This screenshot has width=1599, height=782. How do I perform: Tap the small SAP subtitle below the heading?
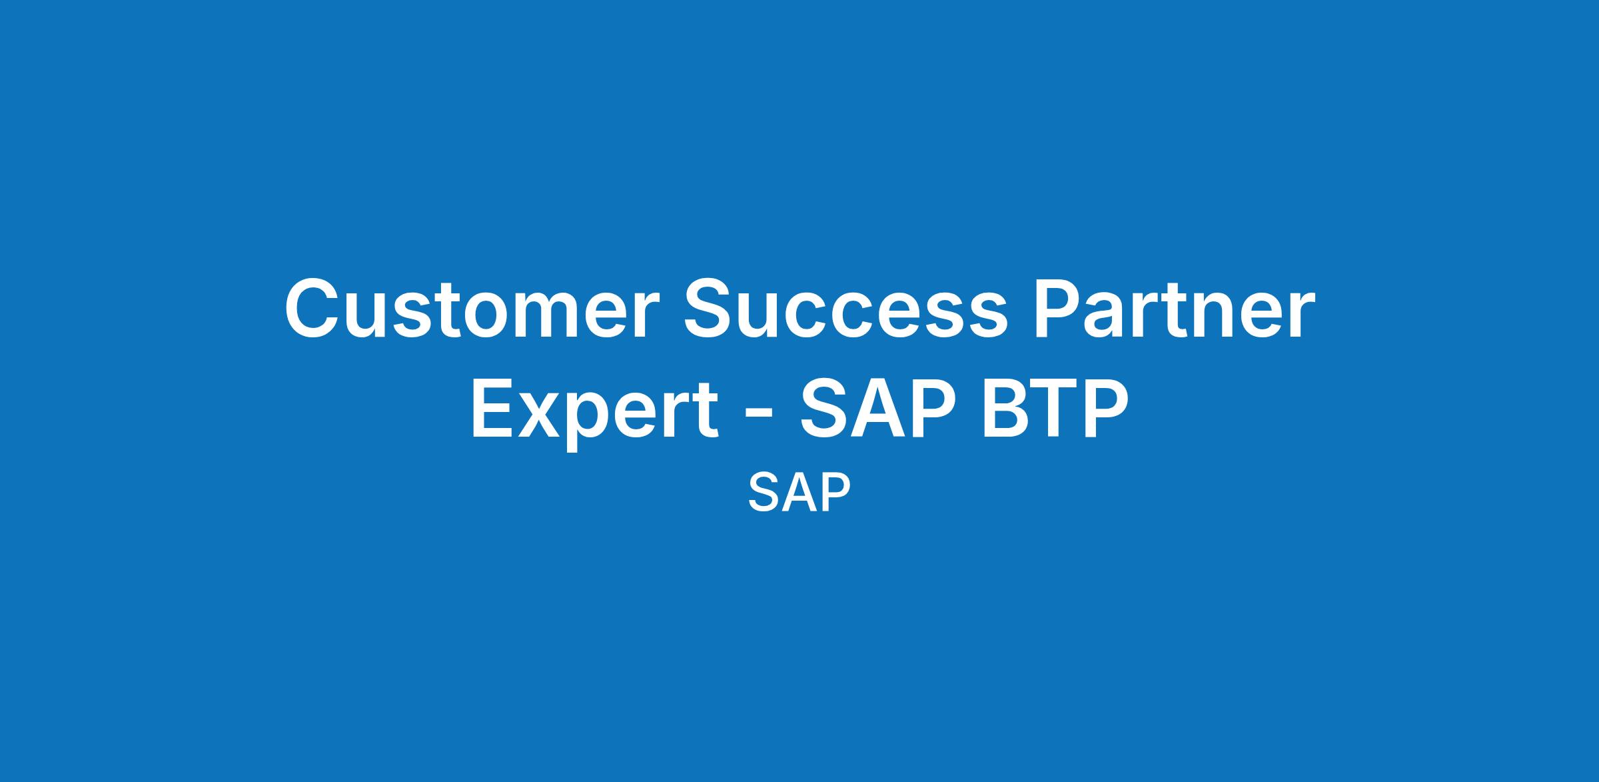[799, 493]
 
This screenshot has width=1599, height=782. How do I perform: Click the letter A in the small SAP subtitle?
[799, 493]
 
